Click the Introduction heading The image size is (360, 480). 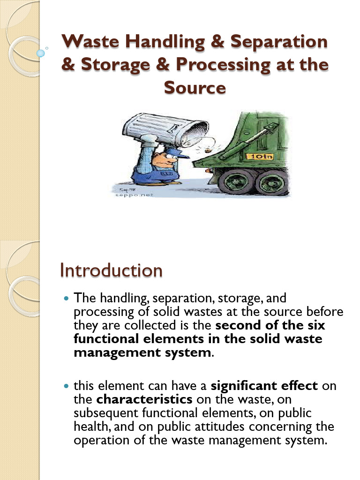111,270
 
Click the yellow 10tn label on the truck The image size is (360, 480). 265,156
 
